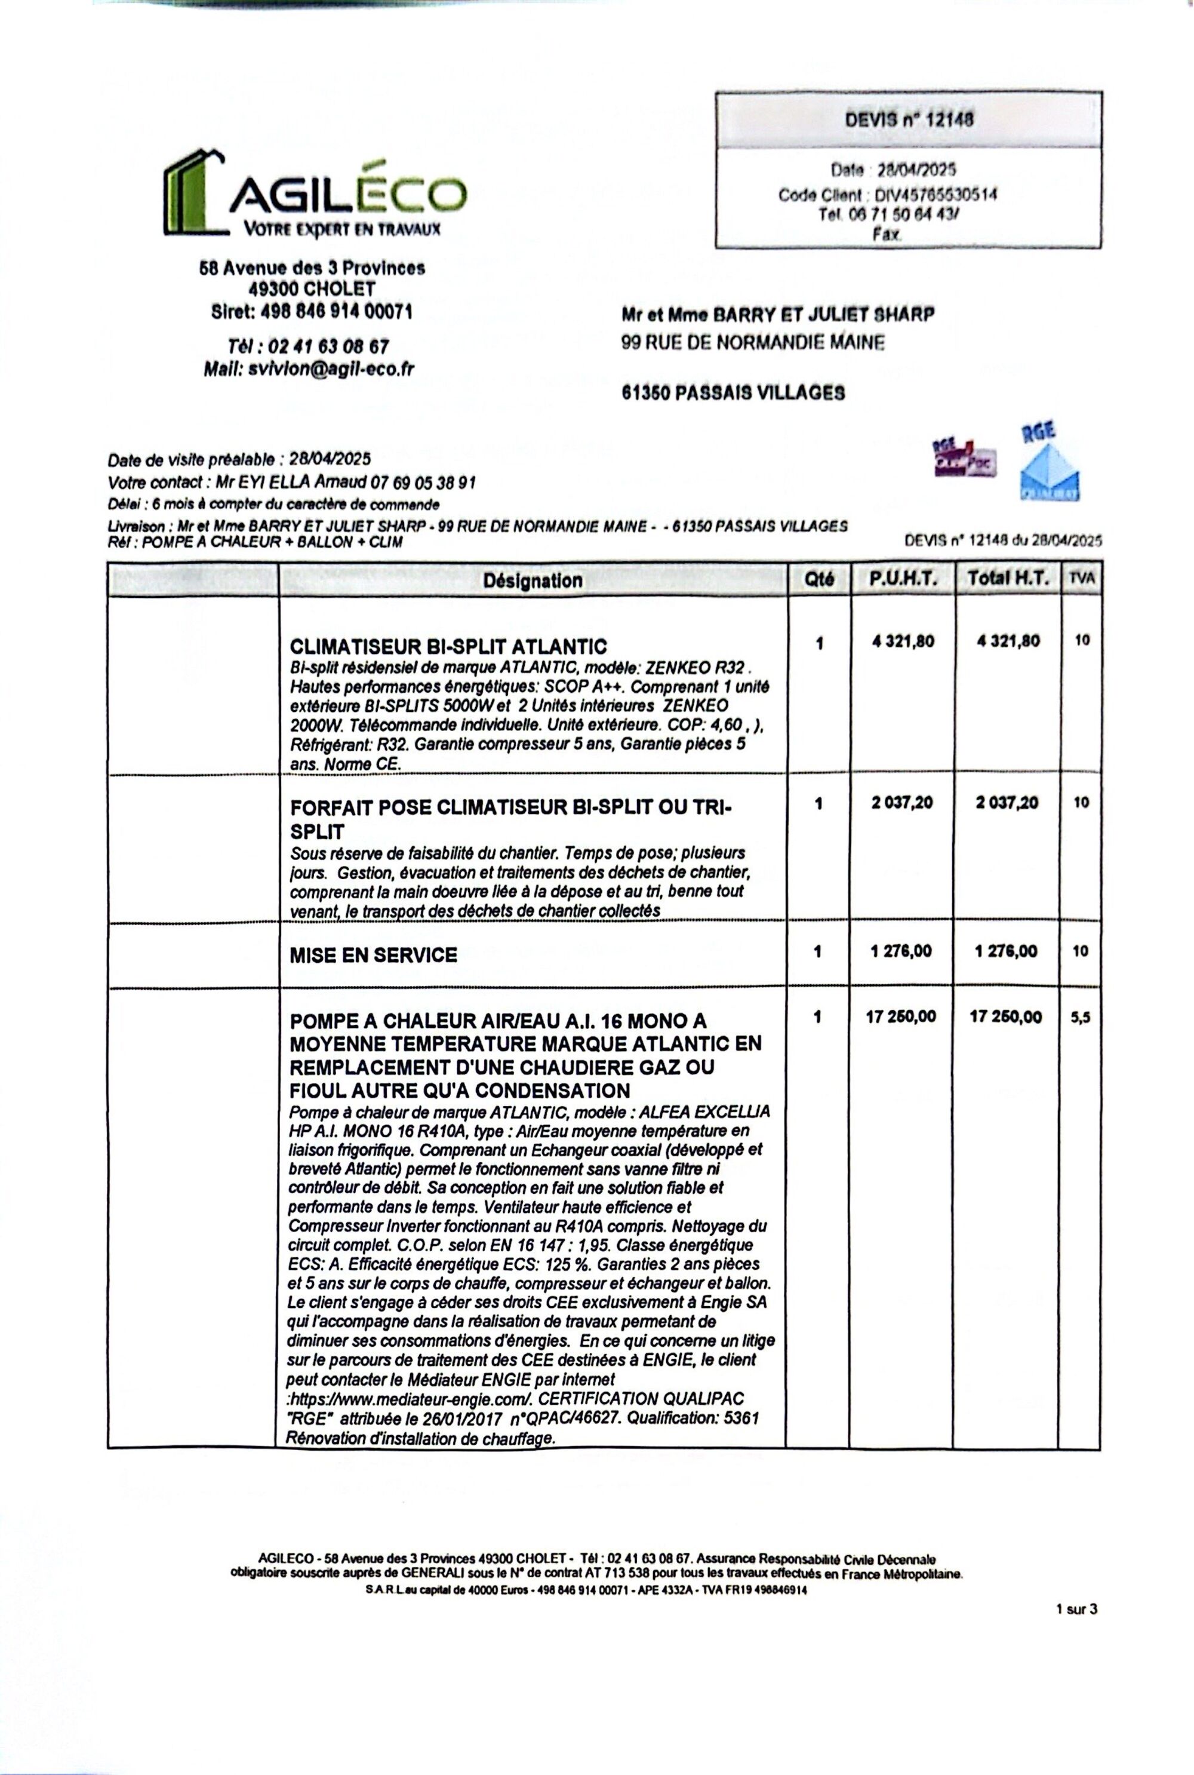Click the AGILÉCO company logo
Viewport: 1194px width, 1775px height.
click(314, 194)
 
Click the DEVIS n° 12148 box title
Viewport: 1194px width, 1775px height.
click(909, 119)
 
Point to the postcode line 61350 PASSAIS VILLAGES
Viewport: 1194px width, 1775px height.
click(733, 393)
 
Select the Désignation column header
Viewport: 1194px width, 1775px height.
click(533, 581)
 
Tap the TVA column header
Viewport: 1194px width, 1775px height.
click(1081, 579)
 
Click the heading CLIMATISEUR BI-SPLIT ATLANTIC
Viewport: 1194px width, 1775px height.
click(448, 647)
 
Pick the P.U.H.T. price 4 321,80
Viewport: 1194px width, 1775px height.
click(903, 641)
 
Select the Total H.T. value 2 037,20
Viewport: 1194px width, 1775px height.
click(1007, 803)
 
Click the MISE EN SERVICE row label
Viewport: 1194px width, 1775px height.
click(373, 956)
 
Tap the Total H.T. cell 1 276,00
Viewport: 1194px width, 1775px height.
click(1006, 951)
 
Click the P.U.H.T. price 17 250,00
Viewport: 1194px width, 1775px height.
click(901, 1017)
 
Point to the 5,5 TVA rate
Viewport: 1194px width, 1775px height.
click(1081, 1018)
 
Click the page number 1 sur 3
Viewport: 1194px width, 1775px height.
click(1076, 1609)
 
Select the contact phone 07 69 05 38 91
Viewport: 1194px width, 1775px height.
click(423, 482)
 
